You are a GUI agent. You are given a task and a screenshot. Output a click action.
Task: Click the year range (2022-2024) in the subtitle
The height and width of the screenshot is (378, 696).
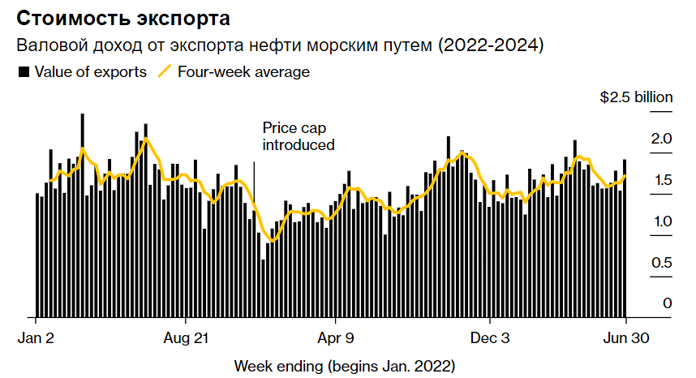(491, 45)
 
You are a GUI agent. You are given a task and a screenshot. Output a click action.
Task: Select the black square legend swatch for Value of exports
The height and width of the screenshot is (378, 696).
(24, 72)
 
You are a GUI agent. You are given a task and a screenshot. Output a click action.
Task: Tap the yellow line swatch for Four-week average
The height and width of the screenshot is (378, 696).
(165, 72)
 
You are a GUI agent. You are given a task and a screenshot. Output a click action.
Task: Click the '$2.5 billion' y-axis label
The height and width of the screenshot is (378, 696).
(636, 97)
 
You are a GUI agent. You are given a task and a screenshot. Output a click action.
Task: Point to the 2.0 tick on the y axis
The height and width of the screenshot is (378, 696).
(662, 139)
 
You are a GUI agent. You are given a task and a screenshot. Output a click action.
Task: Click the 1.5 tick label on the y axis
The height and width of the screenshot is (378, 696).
(662, 180)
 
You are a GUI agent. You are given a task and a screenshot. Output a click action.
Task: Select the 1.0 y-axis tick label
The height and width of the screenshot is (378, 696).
(662, 221)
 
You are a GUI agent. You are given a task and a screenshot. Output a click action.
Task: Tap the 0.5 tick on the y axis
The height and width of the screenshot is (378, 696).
(662, 263)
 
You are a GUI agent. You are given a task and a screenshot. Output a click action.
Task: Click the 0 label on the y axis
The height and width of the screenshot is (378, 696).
(667, 303)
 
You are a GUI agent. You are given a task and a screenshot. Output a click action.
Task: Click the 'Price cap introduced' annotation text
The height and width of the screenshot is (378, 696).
(298, 136)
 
